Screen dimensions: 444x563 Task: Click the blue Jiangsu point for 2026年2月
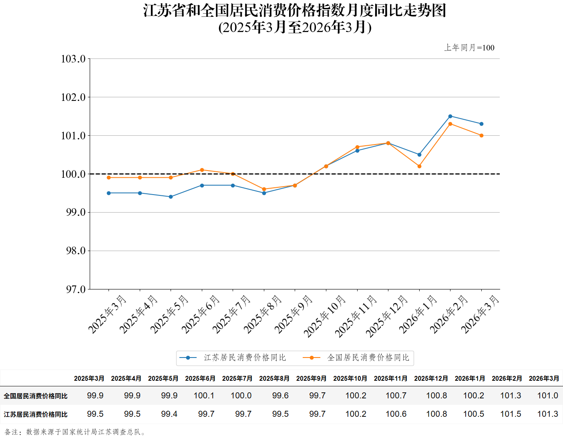click(450, 116)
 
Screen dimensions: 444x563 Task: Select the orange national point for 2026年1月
click(419, 166)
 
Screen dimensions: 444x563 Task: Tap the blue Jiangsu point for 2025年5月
click(171, 197)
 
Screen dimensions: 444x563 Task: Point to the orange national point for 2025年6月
click(202, 170)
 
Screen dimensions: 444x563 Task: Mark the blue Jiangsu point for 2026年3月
click(481, 124)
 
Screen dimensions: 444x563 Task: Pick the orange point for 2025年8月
click(264, 189)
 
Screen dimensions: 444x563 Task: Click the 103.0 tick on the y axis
click(73, 59)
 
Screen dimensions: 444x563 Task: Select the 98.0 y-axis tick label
click(76, 251)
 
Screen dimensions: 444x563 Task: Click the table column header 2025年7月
click(237, 378)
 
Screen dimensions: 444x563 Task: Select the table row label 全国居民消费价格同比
click(36, 396)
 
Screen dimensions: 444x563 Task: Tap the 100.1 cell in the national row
click(204, 396)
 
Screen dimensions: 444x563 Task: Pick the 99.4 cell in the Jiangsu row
click(169, 414)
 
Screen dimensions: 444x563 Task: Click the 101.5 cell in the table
click(511, 414)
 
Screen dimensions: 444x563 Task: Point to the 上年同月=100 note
click(469, 48)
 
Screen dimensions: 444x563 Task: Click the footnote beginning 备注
click(75, 432)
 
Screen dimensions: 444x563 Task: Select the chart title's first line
click(295, 10)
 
